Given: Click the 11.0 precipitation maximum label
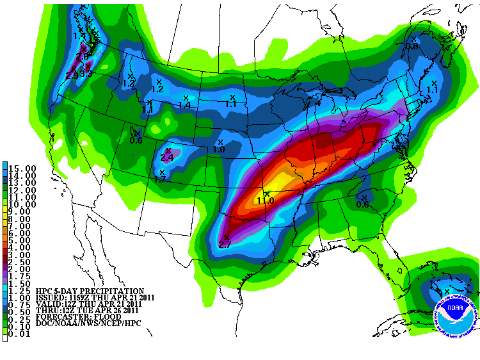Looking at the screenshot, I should pos(266,200).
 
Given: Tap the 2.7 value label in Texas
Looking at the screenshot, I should pos(225,245).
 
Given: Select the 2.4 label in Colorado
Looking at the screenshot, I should pos(167,158).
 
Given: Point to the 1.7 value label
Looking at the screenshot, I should pos(160,180).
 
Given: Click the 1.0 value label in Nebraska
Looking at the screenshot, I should pos(219,149).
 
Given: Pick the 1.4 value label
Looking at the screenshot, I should pos(185,105).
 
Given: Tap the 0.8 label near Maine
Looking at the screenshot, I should pos(412,46).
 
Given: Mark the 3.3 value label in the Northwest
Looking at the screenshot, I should pos(87,74).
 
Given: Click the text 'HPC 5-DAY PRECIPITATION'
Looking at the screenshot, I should pos(90,291).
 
